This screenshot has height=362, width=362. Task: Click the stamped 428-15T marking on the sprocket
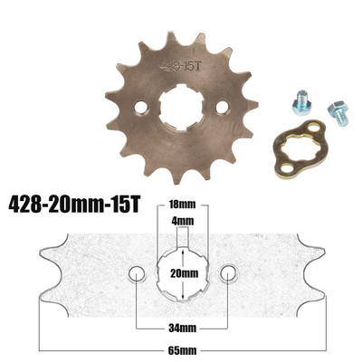tap(178, 65)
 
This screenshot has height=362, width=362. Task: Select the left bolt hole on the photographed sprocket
tap(141, 108)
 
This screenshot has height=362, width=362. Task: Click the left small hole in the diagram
tap(137, 273)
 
